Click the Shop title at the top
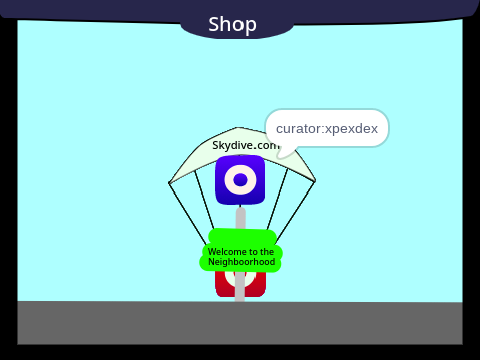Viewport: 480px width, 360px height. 232,24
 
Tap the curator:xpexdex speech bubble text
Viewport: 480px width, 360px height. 327,129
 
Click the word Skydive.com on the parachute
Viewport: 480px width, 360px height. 246,145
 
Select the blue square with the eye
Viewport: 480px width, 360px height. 240,180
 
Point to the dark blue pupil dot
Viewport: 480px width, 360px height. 240,180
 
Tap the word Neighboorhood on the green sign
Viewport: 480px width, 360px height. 242,262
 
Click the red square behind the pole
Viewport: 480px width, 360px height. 240,284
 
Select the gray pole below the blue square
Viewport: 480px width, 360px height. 240,219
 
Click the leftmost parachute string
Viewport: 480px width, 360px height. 188,213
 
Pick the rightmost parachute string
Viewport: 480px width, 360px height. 295,211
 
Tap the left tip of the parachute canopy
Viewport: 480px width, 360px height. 169,183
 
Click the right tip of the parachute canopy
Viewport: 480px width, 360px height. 315,181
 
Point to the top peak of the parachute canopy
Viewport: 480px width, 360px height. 237,127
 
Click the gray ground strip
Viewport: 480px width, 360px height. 240,323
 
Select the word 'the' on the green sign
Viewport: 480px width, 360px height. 267,251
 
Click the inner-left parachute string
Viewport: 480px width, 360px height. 204,200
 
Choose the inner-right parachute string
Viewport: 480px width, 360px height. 277,199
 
